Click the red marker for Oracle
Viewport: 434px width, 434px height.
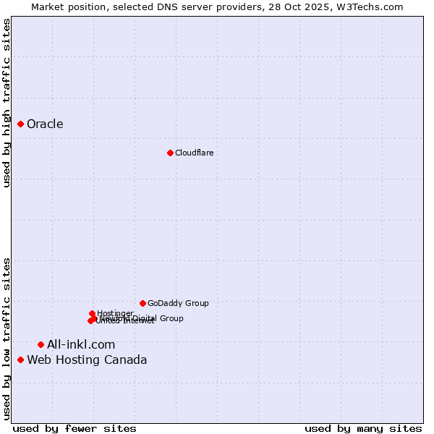[21, 124]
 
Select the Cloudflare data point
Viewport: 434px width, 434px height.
[170, 153]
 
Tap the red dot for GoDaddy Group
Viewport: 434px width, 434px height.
[142, 303]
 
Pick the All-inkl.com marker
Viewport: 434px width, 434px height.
[41, 344]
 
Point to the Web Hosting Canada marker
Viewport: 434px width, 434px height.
[21, 359]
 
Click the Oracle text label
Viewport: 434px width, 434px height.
[45, 124]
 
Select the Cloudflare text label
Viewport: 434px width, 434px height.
[194, 153]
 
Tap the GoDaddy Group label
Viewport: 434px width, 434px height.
[178, 303]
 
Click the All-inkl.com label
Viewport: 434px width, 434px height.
[81, 344]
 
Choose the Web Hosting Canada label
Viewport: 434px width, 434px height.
[87, 359]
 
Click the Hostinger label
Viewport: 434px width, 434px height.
[115, 313]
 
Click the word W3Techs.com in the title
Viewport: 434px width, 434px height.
[373, 7]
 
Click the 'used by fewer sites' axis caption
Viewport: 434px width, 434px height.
[75, 428]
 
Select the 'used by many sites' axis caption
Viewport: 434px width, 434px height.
[363, 428]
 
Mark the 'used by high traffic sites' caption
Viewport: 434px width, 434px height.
[7, 103]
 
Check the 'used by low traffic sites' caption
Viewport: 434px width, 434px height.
[7, 339]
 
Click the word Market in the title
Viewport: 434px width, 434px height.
[47, 7]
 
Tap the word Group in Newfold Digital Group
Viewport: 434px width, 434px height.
[171, 318]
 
